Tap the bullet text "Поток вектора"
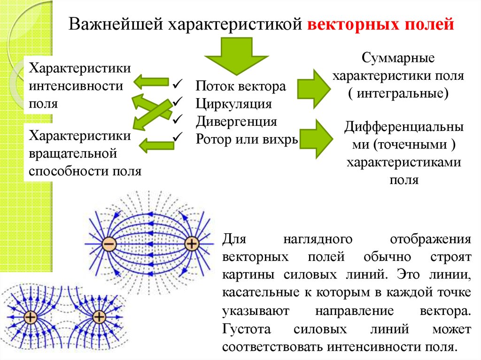[x=240, y=86]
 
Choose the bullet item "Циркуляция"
[x=234, y=104]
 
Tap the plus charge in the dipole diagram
[x=192, y=244]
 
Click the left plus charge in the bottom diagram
[x=31, y=318]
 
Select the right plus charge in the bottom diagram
[x=99, y=317]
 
